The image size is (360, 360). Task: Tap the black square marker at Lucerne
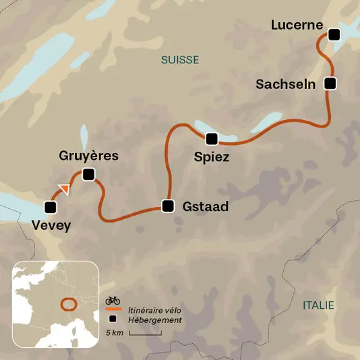333,34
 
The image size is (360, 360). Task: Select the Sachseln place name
286,84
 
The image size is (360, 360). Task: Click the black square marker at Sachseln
330,84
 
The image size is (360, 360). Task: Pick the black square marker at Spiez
212,140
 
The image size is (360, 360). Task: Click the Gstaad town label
205,207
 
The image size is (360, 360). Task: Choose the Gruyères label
89,156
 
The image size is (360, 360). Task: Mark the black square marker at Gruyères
88,175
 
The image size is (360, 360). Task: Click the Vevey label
51,226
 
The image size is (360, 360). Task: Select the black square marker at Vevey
50,208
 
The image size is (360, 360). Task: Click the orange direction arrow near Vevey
63,189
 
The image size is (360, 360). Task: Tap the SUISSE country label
180,60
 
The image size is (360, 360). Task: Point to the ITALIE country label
318,305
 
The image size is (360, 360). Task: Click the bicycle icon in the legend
113,300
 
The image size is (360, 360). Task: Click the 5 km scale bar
140,332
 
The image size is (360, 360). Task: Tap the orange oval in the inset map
69,304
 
